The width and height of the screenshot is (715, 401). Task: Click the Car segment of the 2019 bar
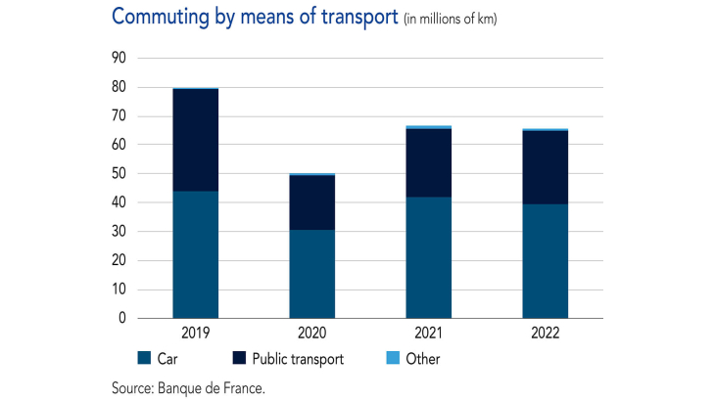click(195, 254)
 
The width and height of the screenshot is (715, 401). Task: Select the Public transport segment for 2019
click(195, 140)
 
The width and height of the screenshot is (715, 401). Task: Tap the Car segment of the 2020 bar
click(311, 274)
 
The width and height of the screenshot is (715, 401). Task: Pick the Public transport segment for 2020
click(311, 202)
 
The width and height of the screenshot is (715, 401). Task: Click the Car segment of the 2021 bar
click(428, 257)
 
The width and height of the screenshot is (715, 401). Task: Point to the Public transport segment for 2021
click(428, 162)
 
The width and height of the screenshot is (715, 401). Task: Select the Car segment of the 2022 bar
click(545, 261)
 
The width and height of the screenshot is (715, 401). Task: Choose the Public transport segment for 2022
click(545, 167)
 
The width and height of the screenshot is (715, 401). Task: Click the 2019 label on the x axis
click(195, 333)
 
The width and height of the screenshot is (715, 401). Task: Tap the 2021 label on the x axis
click(428, 333)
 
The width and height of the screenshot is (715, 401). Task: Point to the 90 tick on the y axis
click(120, 58)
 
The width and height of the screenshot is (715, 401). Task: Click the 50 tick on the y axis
click(120, 174)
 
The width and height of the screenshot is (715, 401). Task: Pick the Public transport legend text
click(297, 359)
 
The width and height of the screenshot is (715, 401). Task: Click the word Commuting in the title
click(156, 18)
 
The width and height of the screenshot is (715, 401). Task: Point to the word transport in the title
click(354, 18)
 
